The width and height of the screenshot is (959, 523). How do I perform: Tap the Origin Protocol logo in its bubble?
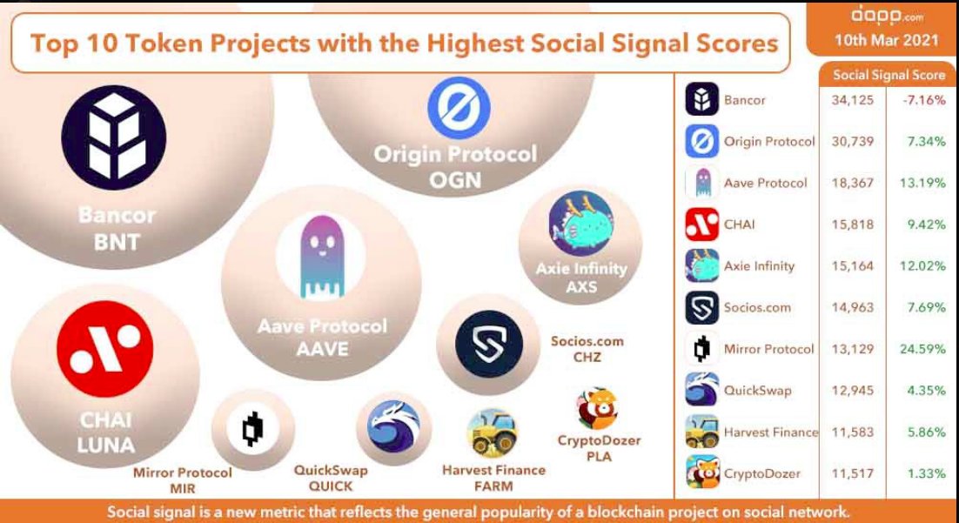[x=459, y=108]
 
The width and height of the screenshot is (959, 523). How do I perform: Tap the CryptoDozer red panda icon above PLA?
[x=597, y=409]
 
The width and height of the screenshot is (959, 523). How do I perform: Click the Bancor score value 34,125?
[x=852, y=100]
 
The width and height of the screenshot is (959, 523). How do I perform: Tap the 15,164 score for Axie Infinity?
[x=852, y=266]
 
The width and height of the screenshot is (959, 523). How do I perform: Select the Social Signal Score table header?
[x=889, y=75]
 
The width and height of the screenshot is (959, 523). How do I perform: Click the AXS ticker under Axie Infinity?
[x=581, y=285]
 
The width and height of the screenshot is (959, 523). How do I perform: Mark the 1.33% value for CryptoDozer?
[x=926, y=473]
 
